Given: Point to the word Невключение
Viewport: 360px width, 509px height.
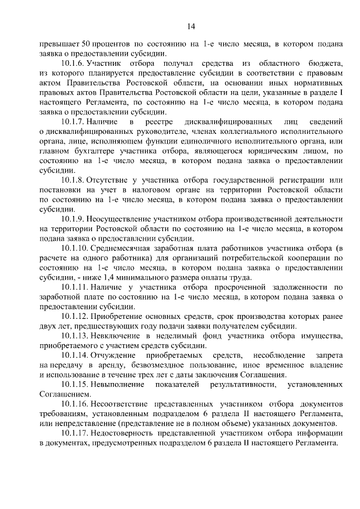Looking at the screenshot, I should point(116,336).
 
